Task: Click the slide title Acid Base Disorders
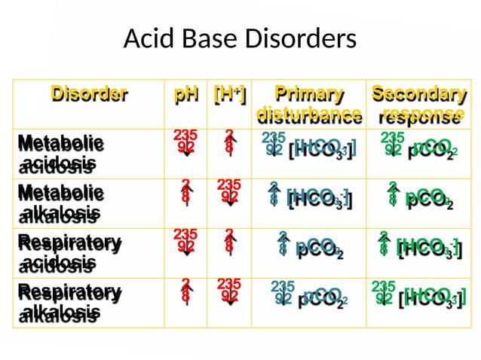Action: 239,38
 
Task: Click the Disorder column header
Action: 89,94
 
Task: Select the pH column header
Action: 186,95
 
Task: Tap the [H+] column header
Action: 229,95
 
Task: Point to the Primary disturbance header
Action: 308,105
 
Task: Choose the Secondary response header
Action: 418,105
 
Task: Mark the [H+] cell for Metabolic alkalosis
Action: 228,192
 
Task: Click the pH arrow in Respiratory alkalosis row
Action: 185,291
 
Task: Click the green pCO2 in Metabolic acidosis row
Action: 431,148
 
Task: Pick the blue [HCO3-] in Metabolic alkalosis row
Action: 318,198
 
